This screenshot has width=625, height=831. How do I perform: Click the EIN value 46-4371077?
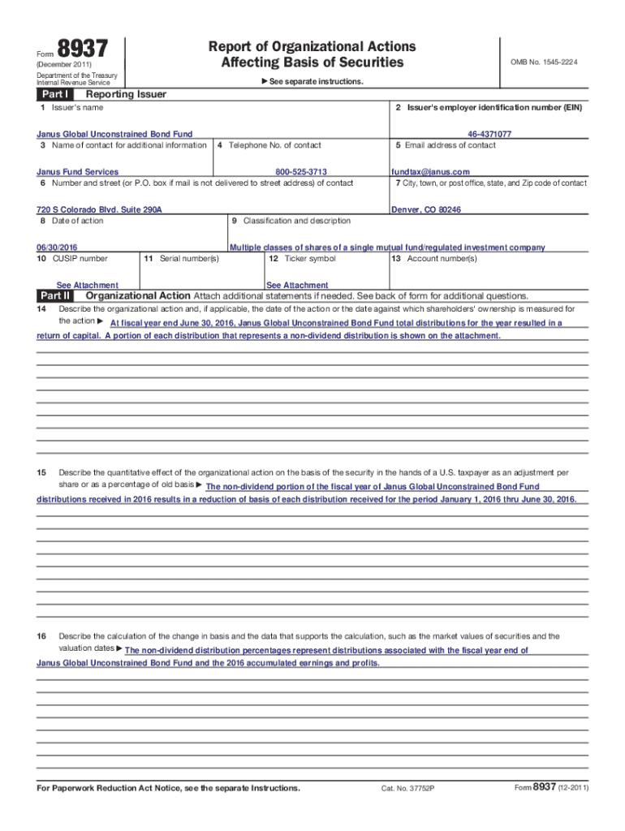coord(489,134)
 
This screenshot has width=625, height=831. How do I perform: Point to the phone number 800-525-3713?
coord(301,172)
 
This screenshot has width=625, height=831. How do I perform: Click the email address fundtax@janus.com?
coord(430,172)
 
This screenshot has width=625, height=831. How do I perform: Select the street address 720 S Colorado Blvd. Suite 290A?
coord(99,209)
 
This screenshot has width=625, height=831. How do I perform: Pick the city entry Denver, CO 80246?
coord(426,209)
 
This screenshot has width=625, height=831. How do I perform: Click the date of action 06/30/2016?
coord(58,248)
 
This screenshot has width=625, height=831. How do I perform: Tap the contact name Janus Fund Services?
coord(77,172)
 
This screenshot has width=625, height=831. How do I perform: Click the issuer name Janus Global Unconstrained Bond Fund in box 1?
coord(114,134)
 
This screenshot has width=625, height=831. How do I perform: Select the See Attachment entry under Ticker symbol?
coord(297,285)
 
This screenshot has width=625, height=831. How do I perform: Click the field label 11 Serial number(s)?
coord(181,259)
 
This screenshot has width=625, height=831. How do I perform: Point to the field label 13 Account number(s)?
coord(434,259)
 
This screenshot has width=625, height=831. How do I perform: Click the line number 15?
coord(41,472)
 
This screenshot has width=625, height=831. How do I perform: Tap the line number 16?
coord(41,636)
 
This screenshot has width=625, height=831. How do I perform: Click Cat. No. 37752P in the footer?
coord(408,789)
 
